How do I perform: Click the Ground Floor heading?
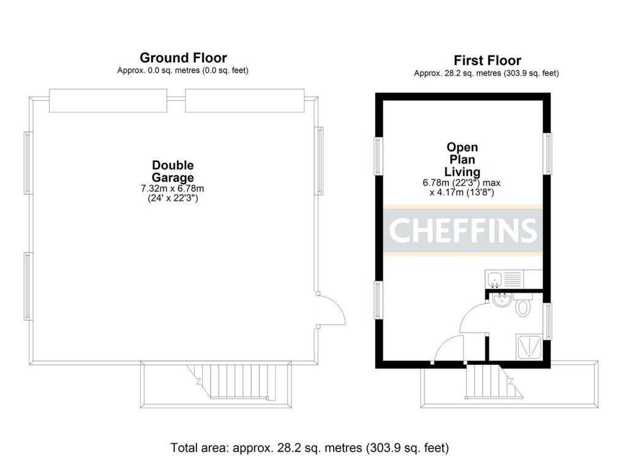183,58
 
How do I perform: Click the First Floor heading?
487,61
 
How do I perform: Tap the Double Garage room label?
173,171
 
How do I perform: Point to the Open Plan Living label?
462,160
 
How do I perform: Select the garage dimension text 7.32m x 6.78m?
173,189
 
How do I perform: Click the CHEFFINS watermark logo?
463,230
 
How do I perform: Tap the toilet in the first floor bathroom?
522,306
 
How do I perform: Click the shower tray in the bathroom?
528,346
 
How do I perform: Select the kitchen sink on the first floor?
494,280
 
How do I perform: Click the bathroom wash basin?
501,300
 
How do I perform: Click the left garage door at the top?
108,101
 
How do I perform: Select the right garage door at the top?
244,101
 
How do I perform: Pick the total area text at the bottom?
309,447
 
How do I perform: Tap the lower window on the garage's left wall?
28,285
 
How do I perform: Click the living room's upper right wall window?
549,154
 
